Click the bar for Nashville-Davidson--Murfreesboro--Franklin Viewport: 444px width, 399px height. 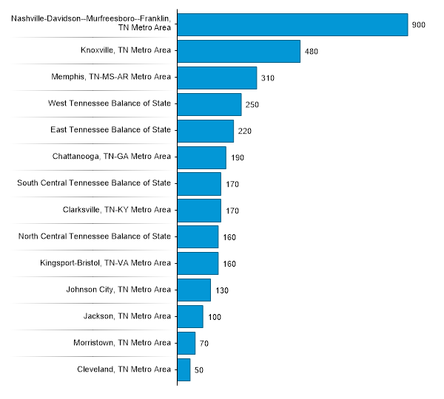pyautogui.click(x=292, y=24)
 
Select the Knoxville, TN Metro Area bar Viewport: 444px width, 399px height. pyautogui.click(x=238, y=51)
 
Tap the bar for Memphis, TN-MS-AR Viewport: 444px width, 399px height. pyautogui.click(x=217, y=78)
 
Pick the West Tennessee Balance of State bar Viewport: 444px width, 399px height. pyautogui.click(x=209, y=104)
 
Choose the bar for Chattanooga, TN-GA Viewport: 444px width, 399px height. pyautogui.click(x=201, y=157)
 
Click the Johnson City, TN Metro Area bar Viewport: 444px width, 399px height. pyautogui.click(x=194, y=290)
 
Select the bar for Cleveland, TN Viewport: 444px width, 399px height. pyautogui.click(x=184, y=369)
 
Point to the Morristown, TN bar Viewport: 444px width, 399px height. pyautogui.click(x=186, y=343)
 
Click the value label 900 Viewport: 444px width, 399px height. pyautogui.click(x=419, y=25)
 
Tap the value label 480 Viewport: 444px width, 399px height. pyautogui.click(x=312, y=52)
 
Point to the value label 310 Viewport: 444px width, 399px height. pyautogui.click(x=268, y=78)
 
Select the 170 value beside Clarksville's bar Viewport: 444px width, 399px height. pyautogui.click(x=232, y=211)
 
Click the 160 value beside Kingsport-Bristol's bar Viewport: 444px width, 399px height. pyautogui.click(x=229, y=264)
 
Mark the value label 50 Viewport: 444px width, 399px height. pyautogui.click(x=199, y=370)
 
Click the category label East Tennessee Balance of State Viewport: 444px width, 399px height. pyautogui.click(x=110, y=130)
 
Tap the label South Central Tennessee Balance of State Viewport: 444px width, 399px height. pyautogui.click(x=94, y=183)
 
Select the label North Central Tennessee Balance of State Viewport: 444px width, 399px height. pyautogui.click(x=94, y=236)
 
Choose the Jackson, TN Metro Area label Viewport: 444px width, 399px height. pyautogui.click(x=127, y=316)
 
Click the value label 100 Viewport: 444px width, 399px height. pyautogui.click(x=215, y=317)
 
